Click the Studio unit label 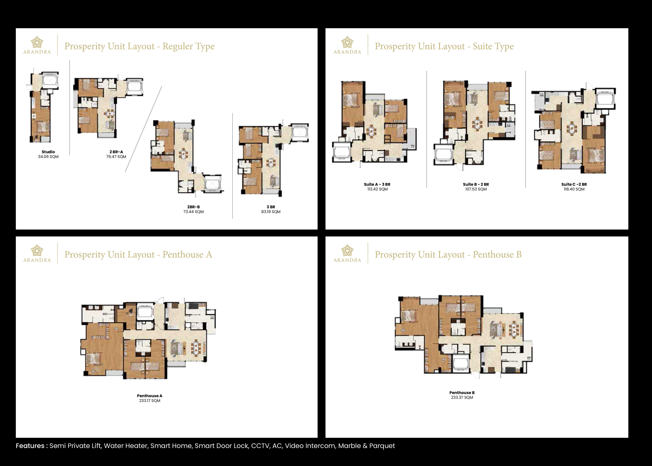coord(48,152)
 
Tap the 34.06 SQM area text coord(48,157)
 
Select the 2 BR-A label coord(116,152)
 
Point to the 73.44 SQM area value coord(194,212)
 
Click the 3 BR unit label coord(271,207)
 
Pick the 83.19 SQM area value coord(271,212)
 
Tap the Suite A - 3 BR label coord(377,184)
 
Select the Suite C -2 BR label coord(574,184)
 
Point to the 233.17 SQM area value coord(150,401)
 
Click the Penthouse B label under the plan coord(462,393)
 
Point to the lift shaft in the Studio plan coord(50,81)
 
